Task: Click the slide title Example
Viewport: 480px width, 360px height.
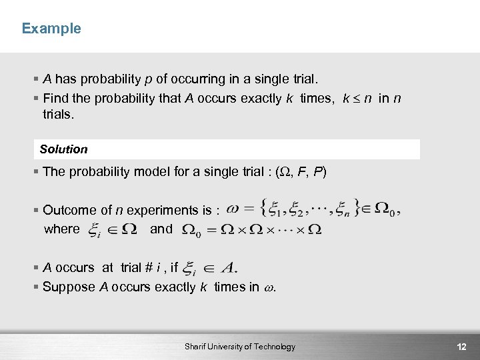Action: [51, 29]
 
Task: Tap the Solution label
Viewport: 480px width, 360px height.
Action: [63, 149]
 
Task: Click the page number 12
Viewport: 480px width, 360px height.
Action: [461, 347]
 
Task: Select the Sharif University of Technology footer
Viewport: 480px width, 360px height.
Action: [240, 347]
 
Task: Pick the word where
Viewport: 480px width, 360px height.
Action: [61, 229]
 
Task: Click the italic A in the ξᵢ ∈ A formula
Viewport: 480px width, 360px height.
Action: [228, 268]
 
